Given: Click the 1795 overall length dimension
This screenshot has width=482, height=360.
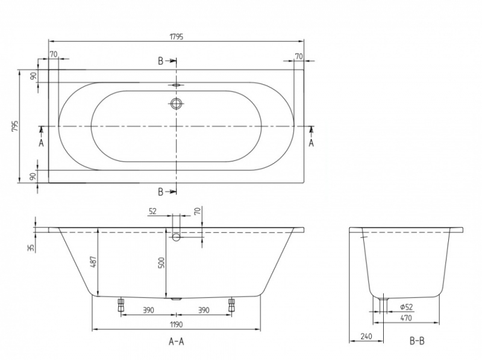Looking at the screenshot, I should pyautogui.click(x=176, y=36).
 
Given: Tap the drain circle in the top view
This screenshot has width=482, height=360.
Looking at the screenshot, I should pyautogui.click(x=176, y=104).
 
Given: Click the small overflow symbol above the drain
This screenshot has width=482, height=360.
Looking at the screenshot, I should pyautogui.click(x=176, y=85).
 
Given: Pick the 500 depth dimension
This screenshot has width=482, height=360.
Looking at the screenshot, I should pyautogui.click(x=161, y=263).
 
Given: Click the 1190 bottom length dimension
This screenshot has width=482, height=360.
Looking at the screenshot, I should pyautogui.click(x=176, y=324).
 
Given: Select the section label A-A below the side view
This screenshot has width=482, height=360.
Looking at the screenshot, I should pyautogui.click(x=176, y=341).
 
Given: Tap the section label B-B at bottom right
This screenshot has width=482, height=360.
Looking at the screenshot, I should pyautogui.click(x=417, y=341).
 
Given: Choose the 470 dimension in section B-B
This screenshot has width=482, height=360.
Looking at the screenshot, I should pyautogui.click(x=407, y=319).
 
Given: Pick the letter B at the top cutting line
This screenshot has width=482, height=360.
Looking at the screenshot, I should pyautogui.click(x=161, y=61).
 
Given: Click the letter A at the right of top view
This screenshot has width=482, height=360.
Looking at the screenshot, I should pyautogui.click(x=311, y=143).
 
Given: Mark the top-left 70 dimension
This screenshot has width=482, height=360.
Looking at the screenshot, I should pyautogui.click(x=54, y=55).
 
